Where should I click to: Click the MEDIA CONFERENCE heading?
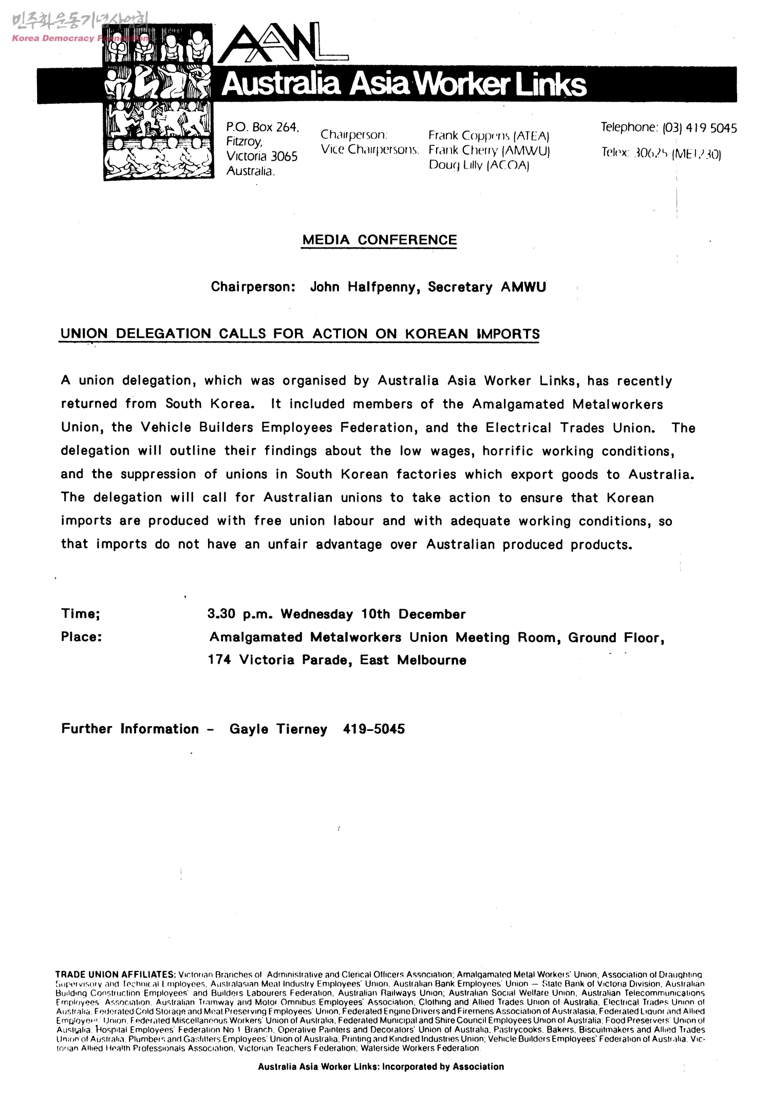click(x=379, y=240)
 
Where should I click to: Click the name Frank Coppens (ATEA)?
click(x=489, y=136)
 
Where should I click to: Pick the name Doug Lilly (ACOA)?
click(x=479, y=165)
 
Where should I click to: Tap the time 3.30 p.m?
click(x=236, y=614)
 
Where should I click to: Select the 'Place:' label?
click(x=81, y=637)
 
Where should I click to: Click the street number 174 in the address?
click(x=219, y=660)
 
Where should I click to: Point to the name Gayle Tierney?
click(x=278, y=729)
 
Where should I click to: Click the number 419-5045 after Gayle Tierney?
click(x=373, y=729)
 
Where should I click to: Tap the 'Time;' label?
click(x=80, y=614)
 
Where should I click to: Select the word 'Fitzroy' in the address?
click(x=244, y=142)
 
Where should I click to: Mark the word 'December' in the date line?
click(x=431, y=614)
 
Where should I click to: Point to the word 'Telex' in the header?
click(x=614, y=153)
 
